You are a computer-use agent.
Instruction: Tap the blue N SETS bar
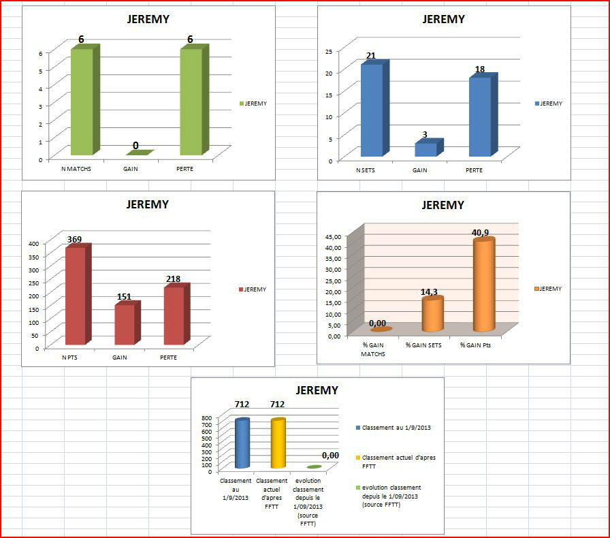(371, 109)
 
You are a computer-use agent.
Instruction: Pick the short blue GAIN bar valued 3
(426, 149)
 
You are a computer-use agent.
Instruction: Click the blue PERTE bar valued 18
(479, 116)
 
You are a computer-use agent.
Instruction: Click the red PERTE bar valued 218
(174, 315)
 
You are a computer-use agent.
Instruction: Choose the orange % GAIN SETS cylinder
(432, 314)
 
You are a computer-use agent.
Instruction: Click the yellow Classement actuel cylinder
(278, 443)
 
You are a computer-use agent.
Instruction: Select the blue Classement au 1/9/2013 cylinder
(242, 443)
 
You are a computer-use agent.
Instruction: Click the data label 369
(76, 239)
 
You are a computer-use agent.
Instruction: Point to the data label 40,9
(480, 233)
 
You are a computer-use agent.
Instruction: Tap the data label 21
(370, 56)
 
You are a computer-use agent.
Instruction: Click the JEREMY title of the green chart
(148, 19)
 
